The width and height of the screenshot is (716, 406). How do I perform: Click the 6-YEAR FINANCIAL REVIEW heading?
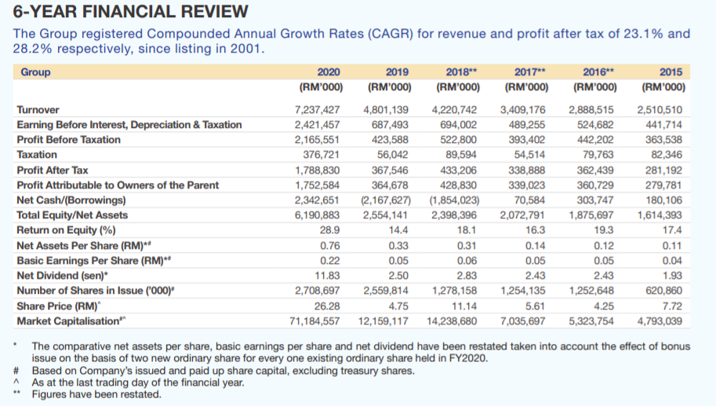pyautogui.click(x=125, y=13)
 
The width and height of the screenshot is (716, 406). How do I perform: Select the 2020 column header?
pyautogui.click(x=329, y=72)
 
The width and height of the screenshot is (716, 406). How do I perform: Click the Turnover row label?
pyautogui.click(x=38, y=110)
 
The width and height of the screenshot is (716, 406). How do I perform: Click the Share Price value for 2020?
pyautogui.click(x=326, y=306)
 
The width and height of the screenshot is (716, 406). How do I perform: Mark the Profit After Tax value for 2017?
pyautogui.click(x=522, y=170)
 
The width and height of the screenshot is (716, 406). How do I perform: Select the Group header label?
pyautogui.click(x=35, y=72)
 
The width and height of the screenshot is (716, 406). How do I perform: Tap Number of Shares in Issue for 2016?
pyautogui.click(x=590, y=291)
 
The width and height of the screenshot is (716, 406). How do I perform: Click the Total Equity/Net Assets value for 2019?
pyautogui.click(x=386, y=216)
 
